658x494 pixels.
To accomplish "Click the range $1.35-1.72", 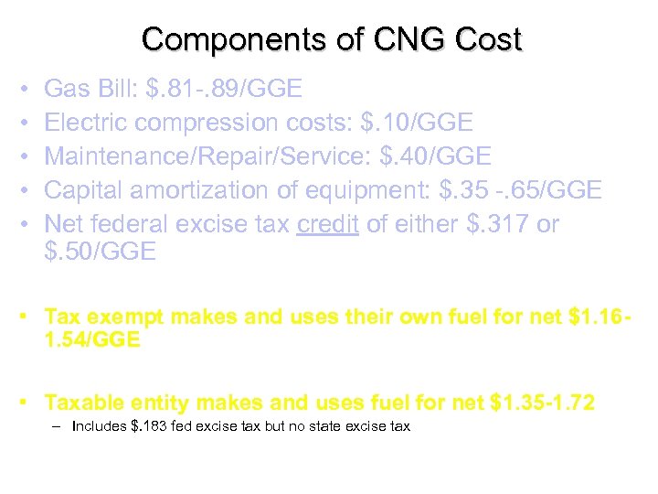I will (543, 402).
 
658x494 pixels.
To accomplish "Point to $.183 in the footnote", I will (149, 426).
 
